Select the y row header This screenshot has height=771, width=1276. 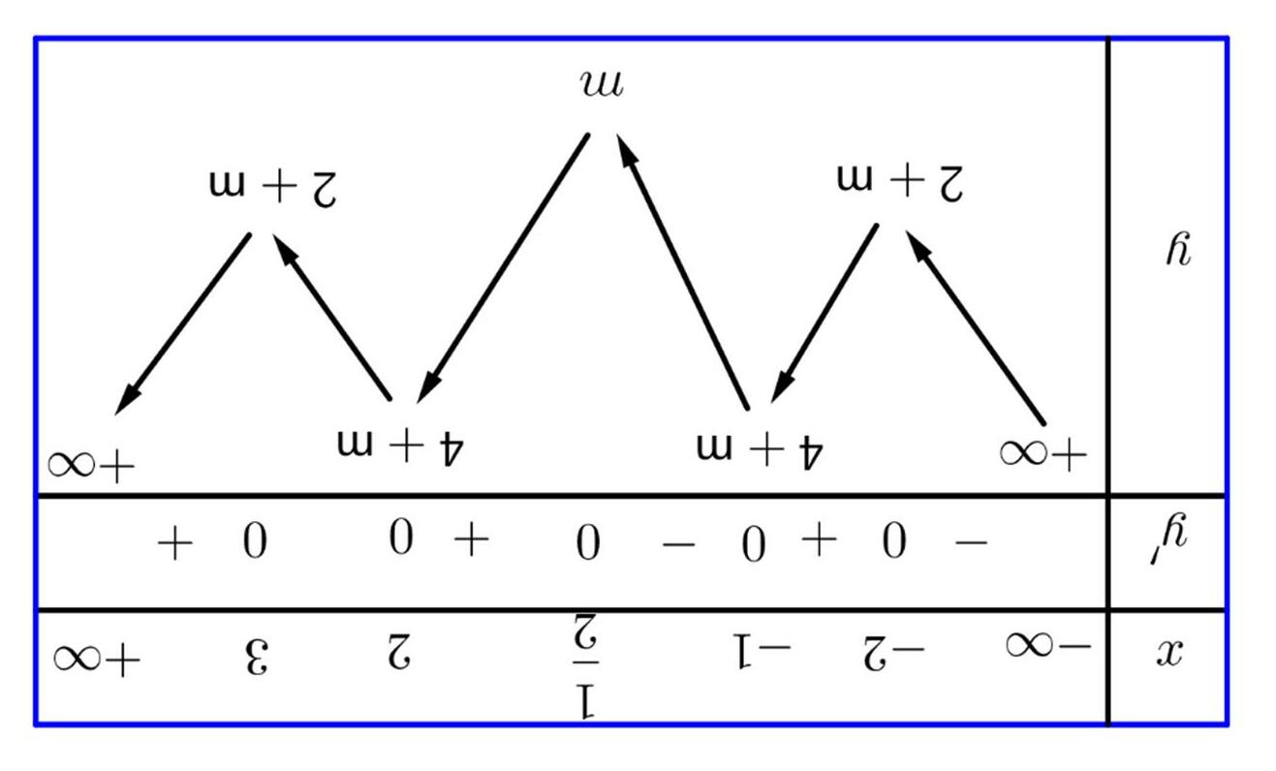click(x=1177, y=250)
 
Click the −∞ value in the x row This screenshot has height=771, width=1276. click(x=1046, y=645)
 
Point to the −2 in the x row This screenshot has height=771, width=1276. click(x=892, y=652)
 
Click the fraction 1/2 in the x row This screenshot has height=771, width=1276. click(x=585, y=668)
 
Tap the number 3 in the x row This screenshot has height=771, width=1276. click(x=253, y=658)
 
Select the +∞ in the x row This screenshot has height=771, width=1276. click(x=96, y=659)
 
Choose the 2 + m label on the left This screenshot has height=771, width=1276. click(x=272, y=186)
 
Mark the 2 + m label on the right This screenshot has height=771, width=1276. click(x=900, y=181)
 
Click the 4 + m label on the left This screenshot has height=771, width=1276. click(x=401, y=446)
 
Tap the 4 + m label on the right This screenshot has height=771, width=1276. click(x=760, y=447)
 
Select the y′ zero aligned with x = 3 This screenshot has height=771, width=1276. click(x=253, y=541)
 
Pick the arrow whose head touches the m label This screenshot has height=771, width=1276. click(x=682, y=271)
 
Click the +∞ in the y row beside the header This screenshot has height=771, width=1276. click(x=1043, y=452)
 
